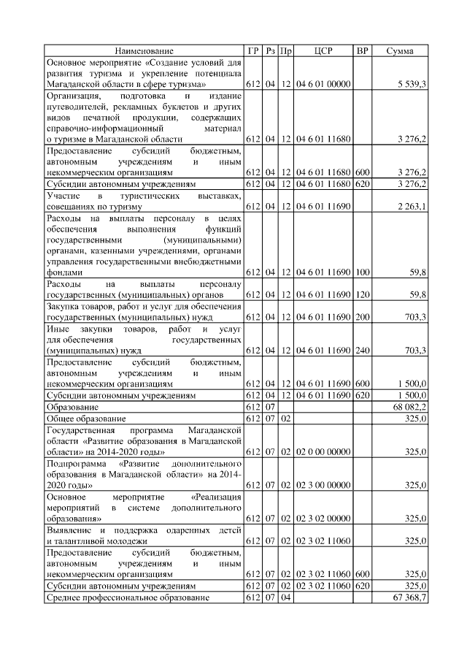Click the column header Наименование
coord(144,51)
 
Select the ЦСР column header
coord(323,51)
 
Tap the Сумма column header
coord(399,51)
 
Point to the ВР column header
coord(362,51)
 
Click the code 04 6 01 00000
coord(323,85)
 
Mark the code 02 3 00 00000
coord(323,485)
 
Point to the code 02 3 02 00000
coord(323,519)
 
